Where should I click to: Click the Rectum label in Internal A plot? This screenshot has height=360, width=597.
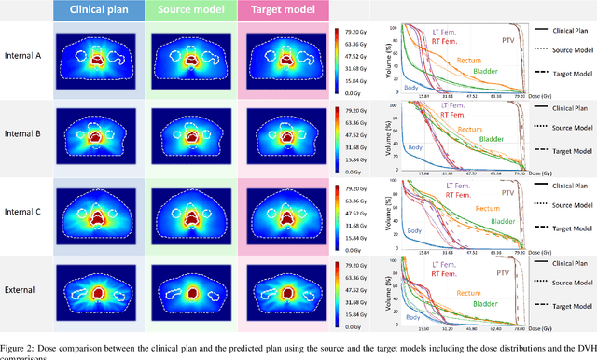[469, 61]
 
